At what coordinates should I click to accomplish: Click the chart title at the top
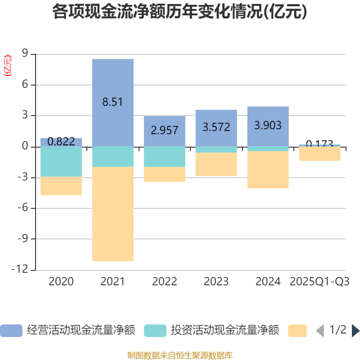180,12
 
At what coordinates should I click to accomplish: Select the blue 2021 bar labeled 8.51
112,81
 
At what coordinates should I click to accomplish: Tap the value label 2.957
164,130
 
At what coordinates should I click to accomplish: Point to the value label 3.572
216,127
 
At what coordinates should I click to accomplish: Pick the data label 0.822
61,142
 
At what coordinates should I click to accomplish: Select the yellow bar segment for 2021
112,214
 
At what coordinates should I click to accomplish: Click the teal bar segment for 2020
61,162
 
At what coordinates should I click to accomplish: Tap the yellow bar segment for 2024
268,170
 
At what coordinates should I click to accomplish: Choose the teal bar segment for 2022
164,157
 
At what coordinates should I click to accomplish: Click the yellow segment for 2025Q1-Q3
319,154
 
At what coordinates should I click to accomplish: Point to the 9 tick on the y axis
25,54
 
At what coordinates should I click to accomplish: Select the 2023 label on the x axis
216,282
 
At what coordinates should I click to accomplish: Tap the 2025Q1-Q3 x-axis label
319,282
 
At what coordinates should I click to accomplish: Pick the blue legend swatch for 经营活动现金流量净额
11,331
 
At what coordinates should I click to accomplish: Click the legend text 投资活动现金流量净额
225,331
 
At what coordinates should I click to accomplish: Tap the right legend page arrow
355,331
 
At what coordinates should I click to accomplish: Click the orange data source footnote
180,355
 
